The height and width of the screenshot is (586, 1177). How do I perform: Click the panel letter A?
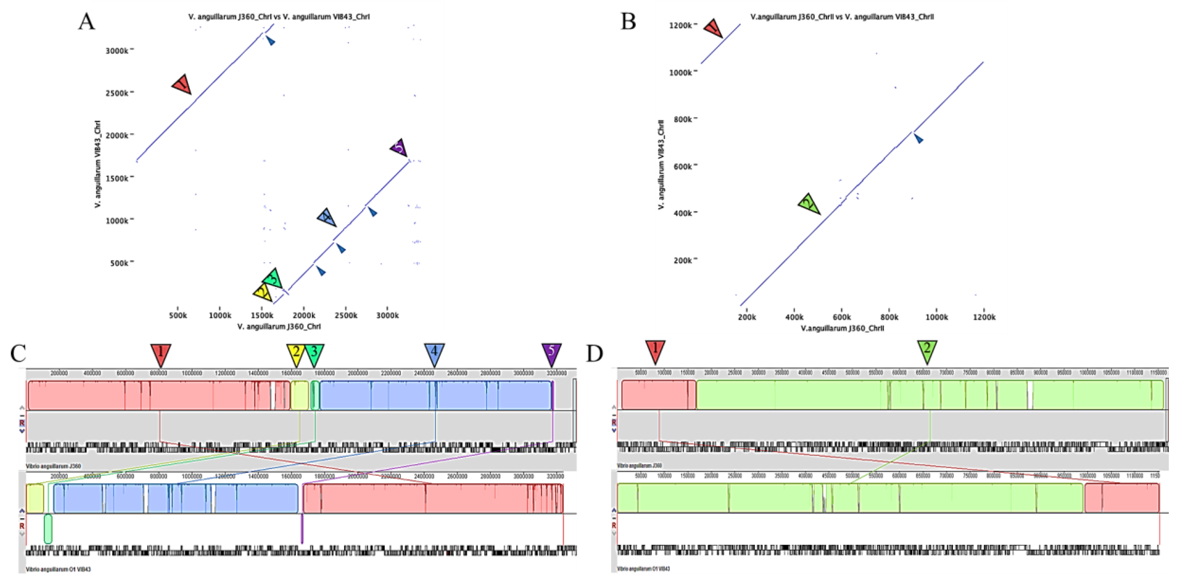click(86, 21)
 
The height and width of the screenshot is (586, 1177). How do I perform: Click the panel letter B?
click(628, 21)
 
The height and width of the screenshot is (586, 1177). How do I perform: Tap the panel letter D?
click(594, 353)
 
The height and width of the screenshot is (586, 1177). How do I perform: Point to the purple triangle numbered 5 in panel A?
click(399, 147)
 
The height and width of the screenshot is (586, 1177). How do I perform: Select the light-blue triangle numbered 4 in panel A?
click(327, 218)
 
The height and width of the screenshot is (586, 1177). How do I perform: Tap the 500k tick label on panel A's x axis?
click(178, 316)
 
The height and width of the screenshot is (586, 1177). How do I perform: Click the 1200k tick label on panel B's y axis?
click(680, 26)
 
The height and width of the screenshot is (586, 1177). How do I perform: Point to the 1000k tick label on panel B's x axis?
click(936, 317)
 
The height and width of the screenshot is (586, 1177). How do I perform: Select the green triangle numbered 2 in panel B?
click(809, 203)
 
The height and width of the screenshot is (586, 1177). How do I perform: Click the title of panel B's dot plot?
click(842, 17)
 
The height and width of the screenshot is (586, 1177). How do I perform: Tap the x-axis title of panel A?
click(279, 327)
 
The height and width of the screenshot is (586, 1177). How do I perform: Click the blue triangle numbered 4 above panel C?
click(434, 353)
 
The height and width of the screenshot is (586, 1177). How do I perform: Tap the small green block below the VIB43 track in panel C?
click(48, 529)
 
